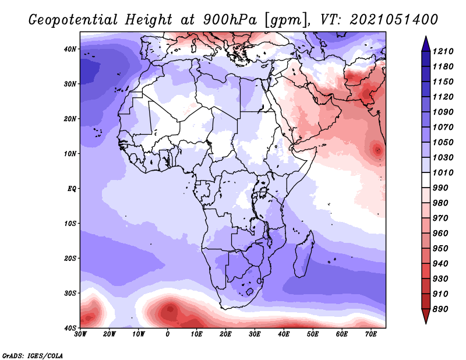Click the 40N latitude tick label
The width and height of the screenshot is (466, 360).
(x=70, y=49)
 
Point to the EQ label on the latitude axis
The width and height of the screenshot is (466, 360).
(x=72, y=189)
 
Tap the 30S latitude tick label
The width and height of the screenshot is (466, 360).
(x=70, y=294)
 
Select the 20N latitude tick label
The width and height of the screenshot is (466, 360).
(x=70, y=119)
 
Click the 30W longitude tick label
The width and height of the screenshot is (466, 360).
(x=80, y=334)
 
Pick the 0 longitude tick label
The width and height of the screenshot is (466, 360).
(x=168, y=334)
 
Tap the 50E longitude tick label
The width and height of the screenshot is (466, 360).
(x=313, y=334)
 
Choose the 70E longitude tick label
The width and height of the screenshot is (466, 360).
(x=371, y=334)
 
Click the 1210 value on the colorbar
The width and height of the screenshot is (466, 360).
(x=443, y=51)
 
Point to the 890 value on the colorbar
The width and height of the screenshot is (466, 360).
(x=440, y=309)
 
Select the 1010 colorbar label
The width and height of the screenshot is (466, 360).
(x=443, y=172)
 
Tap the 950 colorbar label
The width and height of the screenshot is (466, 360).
(x=440, y=249)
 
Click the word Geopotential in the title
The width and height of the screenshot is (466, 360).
(x=73, y=20)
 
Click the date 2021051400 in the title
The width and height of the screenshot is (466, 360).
(x=394, y=20)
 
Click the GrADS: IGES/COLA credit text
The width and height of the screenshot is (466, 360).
(x=33, y=356)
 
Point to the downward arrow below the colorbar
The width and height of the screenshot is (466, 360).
(x=426, y=316)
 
